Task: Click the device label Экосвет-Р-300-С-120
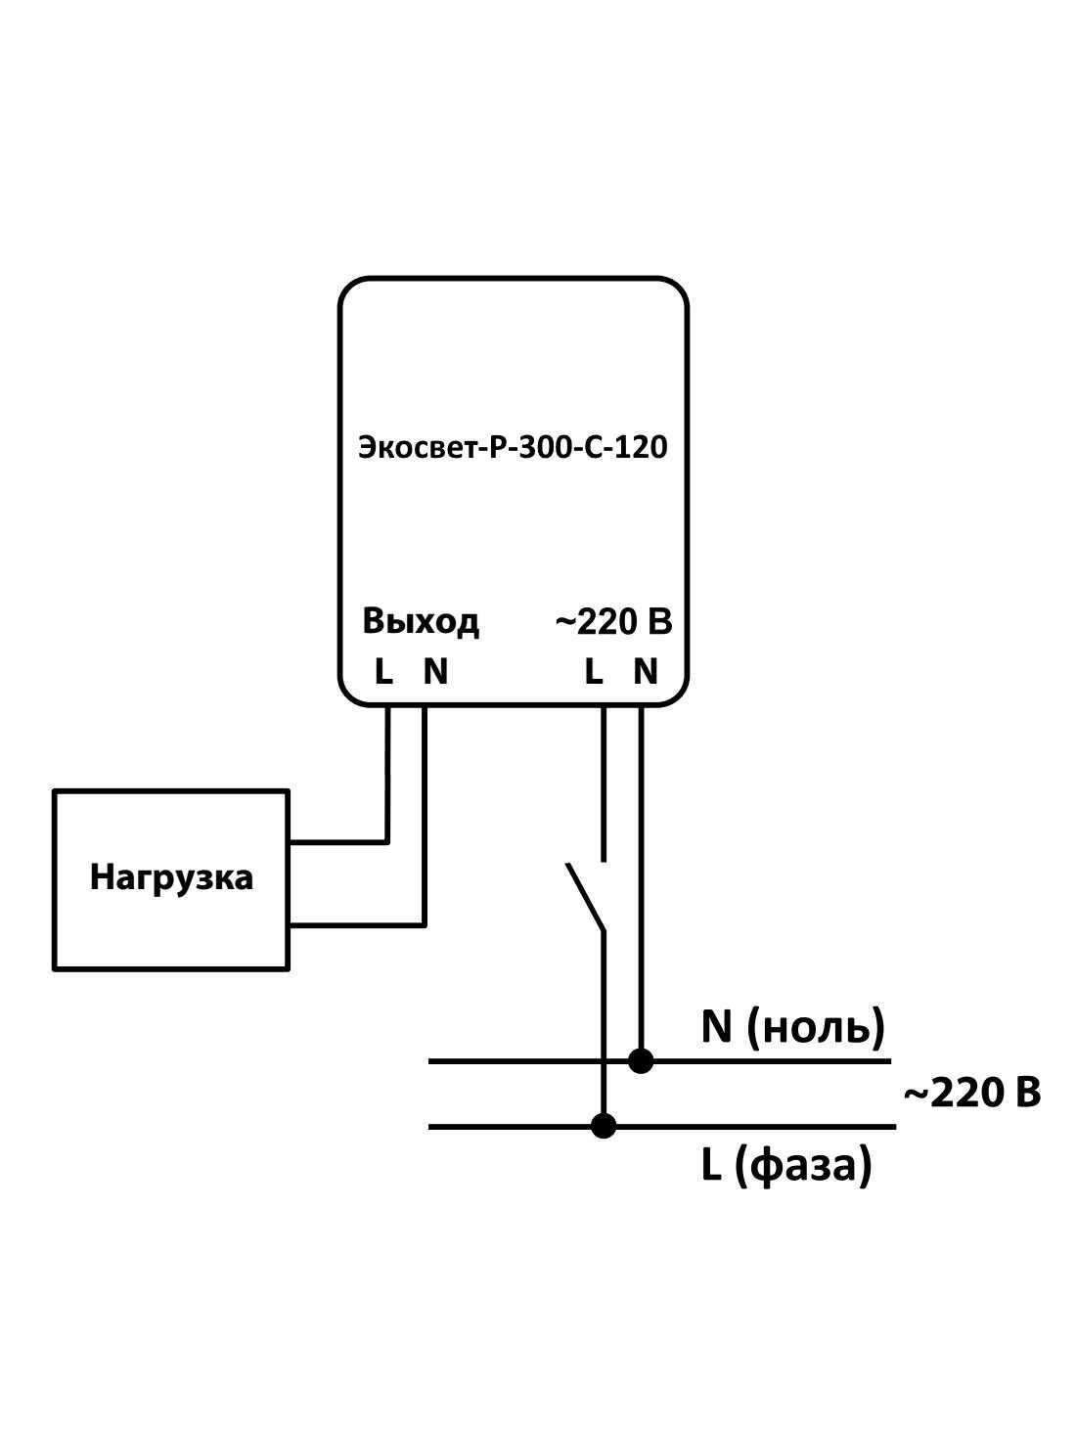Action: (x=513, y=448)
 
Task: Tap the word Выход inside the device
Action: (x=421, y=621)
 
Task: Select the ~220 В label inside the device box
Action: (x=613, y=621)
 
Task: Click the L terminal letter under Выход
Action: (x=383, y=672)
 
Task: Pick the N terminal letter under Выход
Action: (x=435, y=672)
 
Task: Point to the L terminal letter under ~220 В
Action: (x=593, y=672)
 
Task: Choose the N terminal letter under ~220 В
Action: (x=646, y=672)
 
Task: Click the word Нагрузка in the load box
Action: (x=171, y=877)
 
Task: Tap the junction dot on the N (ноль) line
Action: (x=641, y=1060)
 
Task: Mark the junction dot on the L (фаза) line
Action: (x=604, y=1126)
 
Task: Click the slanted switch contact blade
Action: (x=585, y=896)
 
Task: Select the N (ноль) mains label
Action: (x=792, y=1026)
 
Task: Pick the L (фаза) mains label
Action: (x=785, y=1165)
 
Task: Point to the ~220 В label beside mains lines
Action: (x=971, y=1093)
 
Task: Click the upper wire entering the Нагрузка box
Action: (x=337, y=840)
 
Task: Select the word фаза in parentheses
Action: (x=801, y=1165)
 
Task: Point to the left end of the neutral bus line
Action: (x=432, y=1060)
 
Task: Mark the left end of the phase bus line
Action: (x=432, y=1126)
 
